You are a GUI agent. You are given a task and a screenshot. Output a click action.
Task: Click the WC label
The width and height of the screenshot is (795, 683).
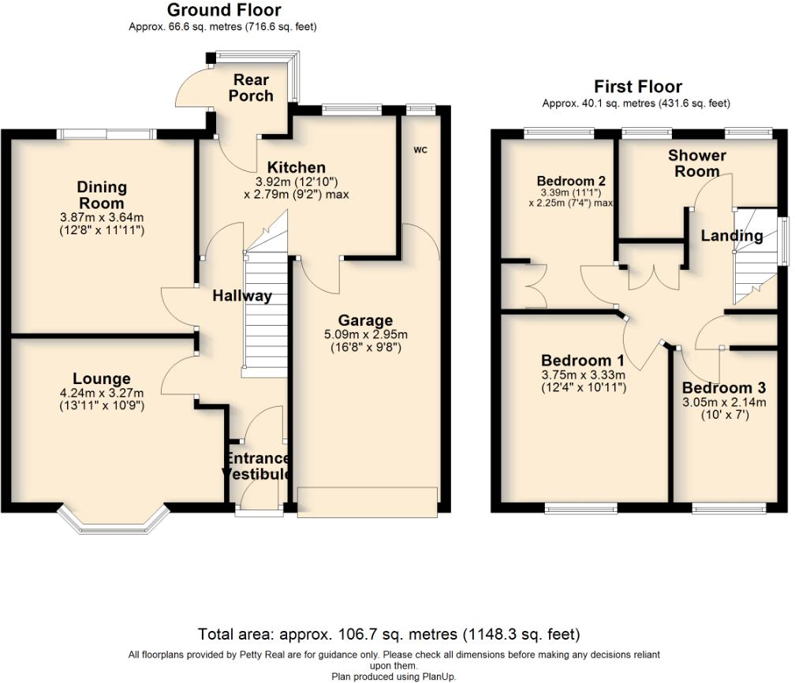[420, 150]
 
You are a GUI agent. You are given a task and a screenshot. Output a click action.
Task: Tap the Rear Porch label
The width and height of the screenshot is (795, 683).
[251, 88]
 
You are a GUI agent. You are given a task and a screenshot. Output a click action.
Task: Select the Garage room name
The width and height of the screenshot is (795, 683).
[365, 320]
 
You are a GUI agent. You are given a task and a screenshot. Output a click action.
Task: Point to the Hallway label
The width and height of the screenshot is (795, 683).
[242, 296]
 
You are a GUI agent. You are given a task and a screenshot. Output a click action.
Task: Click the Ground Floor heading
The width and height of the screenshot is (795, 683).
[224, 9]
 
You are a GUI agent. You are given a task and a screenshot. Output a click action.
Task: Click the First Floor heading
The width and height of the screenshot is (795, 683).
[638, 87]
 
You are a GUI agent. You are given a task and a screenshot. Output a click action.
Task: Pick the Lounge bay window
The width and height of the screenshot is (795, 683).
[113, 518]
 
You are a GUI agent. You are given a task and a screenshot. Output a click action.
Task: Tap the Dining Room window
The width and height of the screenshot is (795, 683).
[106, 134]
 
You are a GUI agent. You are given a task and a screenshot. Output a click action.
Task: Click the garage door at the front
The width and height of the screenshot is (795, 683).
[367, 502]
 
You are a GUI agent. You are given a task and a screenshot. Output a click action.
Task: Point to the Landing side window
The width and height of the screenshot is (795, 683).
[784, 241]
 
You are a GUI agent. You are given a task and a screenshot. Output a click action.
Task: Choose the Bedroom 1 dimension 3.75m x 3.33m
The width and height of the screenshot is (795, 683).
[583, 375]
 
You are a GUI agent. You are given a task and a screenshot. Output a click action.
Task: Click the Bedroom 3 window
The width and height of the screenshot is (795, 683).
[729, 508]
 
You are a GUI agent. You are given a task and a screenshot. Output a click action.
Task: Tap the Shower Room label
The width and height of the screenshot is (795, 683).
[696, 163]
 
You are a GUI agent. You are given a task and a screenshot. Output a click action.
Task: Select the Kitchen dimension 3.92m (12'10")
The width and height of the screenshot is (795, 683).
[297, 181]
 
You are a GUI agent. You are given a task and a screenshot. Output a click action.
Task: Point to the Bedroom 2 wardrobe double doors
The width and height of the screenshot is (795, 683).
[536, 286]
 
